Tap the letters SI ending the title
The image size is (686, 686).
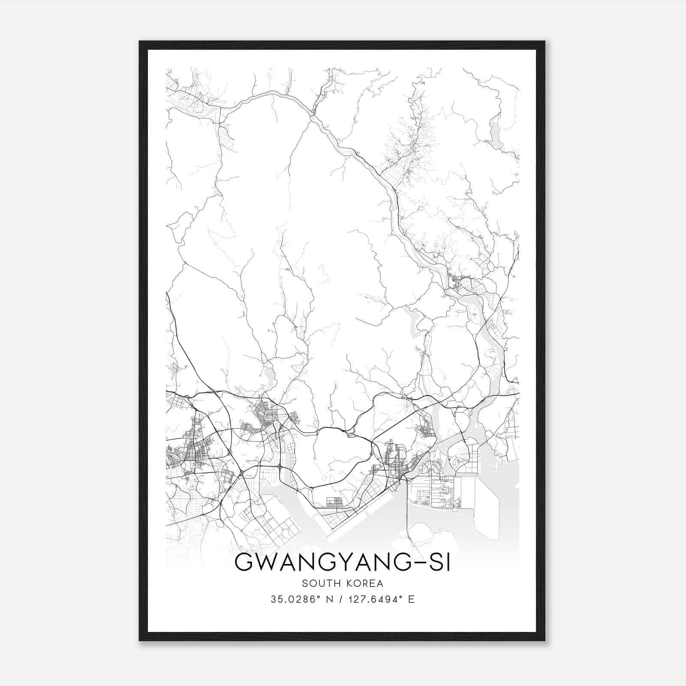click(439, 563)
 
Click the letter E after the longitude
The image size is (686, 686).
click(411, 599)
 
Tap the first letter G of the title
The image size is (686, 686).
click(243, 563)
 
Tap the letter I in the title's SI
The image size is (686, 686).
click(448, 563)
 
